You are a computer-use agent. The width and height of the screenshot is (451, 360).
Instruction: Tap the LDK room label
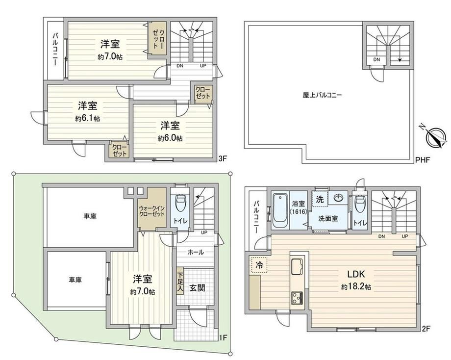click(x=356, y=274)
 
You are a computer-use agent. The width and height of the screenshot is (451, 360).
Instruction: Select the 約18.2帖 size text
click(x=356, y=286)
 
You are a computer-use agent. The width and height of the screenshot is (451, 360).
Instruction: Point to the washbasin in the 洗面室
click(x=339, y=198)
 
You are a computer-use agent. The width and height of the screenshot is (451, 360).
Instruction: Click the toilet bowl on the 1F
click(x=180, y=203)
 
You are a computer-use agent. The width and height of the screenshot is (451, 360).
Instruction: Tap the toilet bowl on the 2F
click(x=359, y=204)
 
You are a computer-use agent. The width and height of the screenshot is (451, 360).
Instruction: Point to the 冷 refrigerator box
click(x=259, y=264)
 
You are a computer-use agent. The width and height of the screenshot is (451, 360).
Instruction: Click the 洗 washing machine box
click(x=320, y=199)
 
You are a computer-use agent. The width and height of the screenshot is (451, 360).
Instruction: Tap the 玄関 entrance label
click(x=197, y=287)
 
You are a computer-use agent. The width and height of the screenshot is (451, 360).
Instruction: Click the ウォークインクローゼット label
click(x=151, y=211)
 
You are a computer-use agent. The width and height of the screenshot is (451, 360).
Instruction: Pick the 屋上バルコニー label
click(x=322, y=95)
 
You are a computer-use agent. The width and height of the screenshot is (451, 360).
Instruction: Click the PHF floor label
click(x=423, y=160)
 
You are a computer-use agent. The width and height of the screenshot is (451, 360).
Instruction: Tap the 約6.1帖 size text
click(x=87, y=118)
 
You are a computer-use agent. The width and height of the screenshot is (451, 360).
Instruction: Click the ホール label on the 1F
click(x=196, y=253)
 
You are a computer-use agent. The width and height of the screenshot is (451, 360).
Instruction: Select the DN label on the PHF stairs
click(x=376, y=59)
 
